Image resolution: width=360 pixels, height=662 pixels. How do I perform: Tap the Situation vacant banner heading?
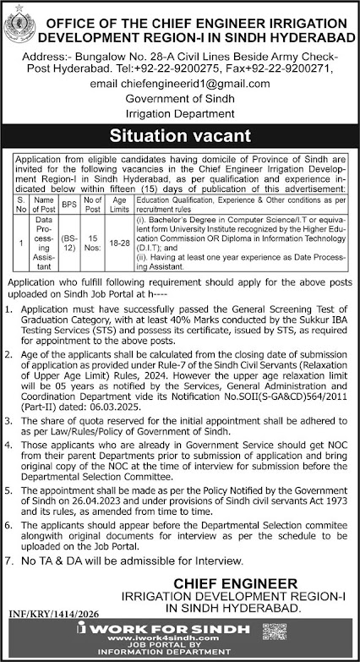tap(180, 134)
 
